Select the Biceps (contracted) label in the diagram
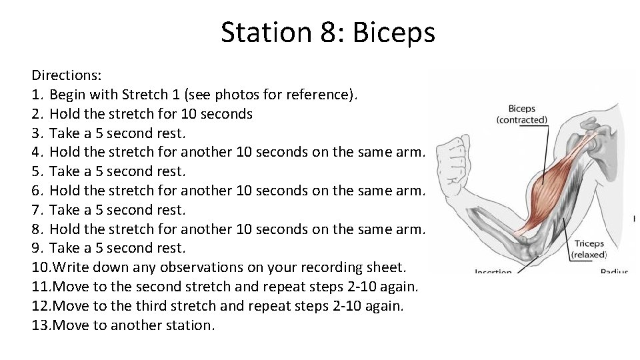pyautogui.click(x=521, y=114)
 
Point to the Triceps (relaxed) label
pyautogui.click(x=589, y=249)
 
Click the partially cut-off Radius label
pyautogui.click(x=614, y=271)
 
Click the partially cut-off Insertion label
pyautogui.click(x=493, y=271)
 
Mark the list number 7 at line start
pyautogui.click(x=37, y=210)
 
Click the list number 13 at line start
pyautogui.click(x=40, y=325)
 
